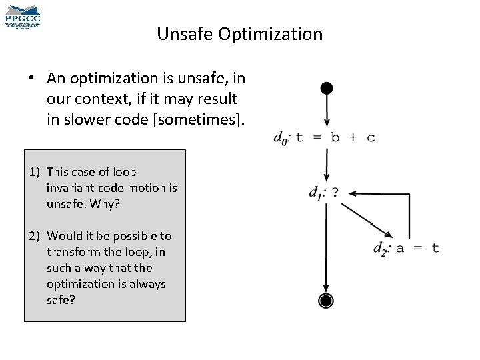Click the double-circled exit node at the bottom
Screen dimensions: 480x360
click(x=325, y=301)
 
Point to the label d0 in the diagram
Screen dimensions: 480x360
click(x=281, y=138)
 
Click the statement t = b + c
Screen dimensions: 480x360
click(x=335, y=137)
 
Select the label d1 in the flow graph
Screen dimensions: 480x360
click(x=316, y=193)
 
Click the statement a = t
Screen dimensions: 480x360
click(x=417, y=247)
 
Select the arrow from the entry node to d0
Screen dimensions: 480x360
click(x=326, y=110)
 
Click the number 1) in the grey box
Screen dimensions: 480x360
click(x=35, y=172)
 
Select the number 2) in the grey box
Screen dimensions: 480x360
click(x=35, y=236)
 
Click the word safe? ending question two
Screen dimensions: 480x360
click(x=61, y=300)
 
